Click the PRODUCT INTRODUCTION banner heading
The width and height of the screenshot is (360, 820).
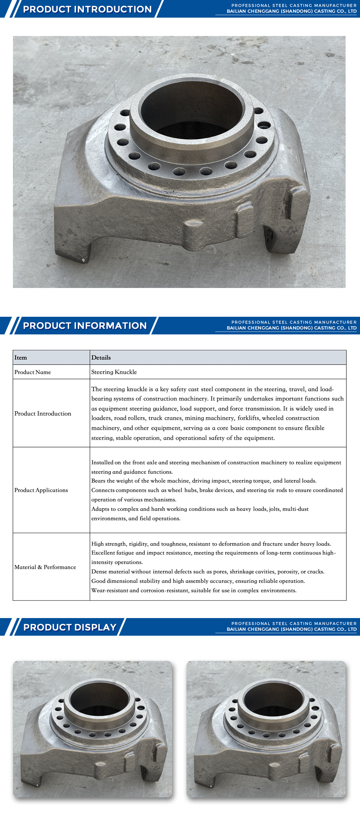pos(87,9)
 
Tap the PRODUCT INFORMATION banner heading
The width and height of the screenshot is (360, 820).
pos(85,325)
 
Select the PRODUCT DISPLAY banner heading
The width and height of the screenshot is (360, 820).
pos(70,627)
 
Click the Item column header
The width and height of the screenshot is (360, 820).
pos(21,357)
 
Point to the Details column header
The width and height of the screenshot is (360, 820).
pos(101,357)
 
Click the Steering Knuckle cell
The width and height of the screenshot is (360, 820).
pos(114,372)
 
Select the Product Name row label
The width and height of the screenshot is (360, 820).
pos(33,372)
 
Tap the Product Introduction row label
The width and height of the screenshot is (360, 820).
pos(43,414)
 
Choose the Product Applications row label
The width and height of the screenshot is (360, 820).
pos(41,490)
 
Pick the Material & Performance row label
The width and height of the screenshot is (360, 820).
pos(45,567)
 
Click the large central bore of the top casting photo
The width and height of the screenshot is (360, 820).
pos(191,108)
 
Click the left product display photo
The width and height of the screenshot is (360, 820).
pos(93,729)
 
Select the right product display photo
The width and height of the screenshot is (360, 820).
pos(266,729)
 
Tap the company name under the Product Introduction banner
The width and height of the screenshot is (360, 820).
pos(292,12)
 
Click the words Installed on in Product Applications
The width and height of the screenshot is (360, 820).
pos(106,463)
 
